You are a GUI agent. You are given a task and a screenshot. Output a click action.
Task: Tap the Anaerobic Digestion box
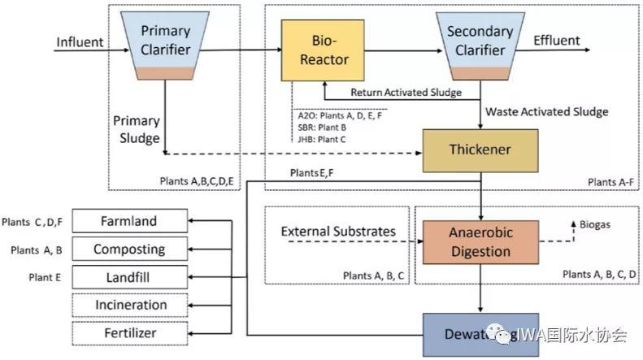tap(480, 241)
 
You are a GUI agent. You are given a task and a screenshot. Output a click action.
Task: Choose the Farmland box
tap(129, 221)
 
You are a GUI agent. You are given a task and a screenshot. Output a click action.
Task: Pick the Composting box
tap(129, 249)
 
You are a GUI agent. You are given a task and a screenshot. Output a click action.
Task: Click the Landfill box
tap(129, 277)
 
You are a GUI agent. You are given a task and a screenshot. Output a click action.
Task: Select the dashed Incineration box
tap(129, 305)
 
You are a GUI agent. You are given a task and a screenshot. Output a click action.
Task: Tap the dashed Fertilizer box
tap(129, 333)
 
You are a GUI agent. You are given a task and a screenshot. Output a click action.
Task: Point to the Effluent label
tap(556, 41)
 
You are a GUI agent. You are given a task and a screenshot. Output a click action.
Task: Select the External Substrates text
tap(337, 232)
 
